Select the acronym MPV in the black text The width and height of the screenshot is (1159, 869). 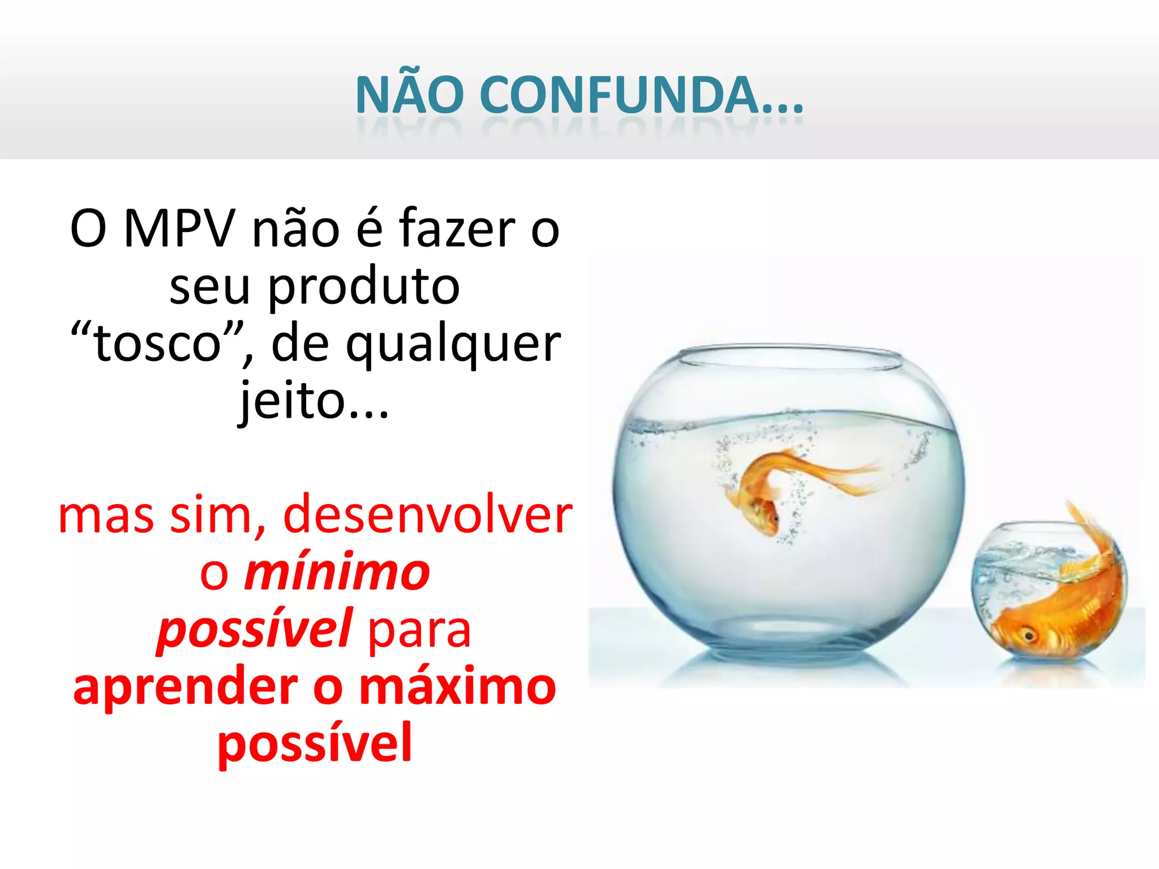click(179, 229)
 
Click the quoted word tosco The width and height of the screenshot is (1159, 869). click(158, 343)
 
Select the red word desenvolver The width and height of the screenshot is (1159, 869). click(427, 515)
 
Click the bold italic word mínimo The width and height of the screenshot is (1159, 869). click(337, 573)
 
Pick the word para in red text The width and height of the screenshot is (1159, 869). click(419, 631)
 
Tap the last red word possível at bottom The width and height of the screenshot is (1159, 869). click(315, 744)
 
